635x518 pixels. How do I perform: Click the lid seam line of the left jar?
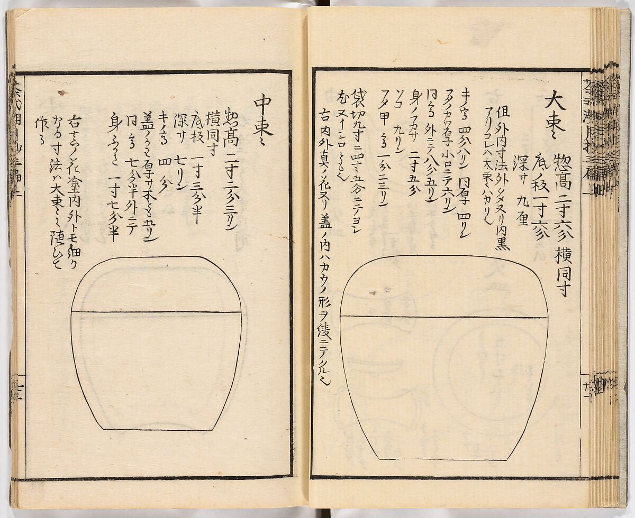156,312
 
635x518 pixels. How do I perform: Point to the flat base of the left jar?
159,429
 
